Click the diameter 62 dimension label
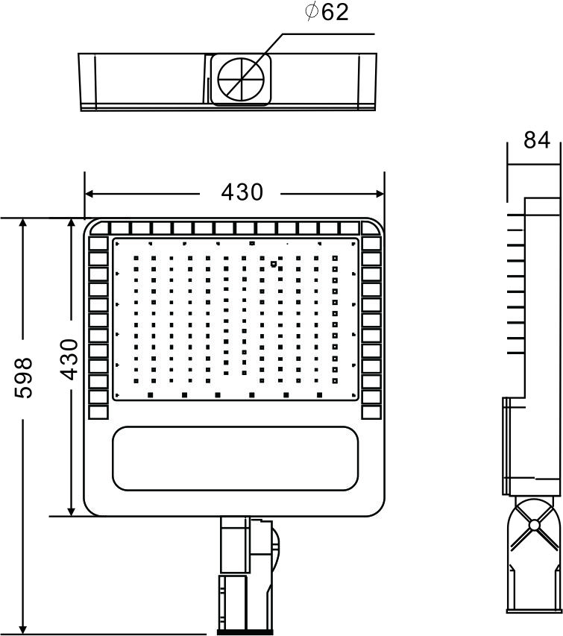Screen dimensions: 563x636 click(327, 12)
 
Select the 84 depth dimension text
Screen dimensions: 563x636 click(537, 140)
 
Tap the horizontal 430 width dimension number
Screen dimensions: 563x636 click(242, 192)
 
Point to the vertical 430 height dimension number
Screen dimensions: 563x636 click(69, 359)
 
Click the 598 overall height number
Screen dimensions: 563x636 click(23, 378)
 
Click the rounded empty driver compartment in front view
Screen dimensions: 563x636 click(235, 459)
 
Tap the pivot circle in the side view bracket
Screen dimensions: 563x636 click(534, 525)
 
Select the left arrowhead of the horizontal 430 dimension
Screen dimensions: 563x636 click(90, 194)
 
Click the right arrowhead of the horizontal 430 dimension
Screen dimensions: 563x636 click(380, 194)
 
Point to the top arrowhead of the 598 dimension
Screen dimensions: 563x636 click(23, 224)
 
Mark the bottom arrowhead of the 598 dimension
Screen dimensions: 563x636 click(23, 629)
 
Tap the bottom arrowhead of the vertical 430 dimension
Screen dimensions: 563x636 click(72, 511)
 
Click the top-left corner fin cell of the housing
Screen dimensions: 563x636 click(100, 228)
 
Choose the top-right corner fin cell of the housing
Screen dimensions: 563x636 click(371, 228)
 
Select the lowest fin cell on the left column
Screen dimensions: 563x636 click(98, 412)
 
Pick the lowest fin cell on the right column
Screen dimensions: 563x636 click(371, 412)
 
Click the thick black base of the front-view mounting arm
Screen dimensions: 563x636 click(245, 632)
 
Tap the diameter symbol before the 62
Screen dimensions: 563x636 click(311, 12)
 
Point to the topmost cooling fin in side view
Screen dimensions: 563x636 click(516, 215)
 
